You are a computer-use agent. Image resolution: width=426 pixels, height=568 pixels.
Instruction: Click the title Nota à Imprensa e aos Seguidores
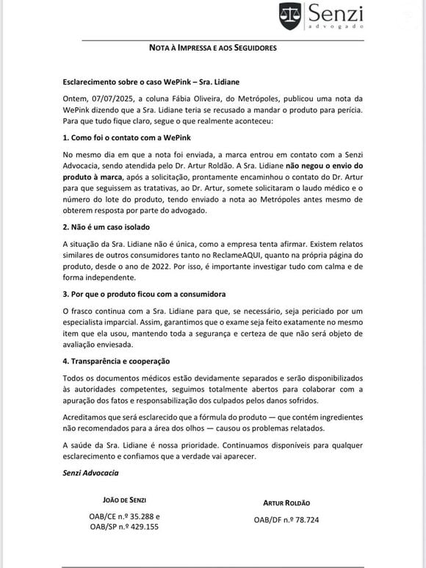213,48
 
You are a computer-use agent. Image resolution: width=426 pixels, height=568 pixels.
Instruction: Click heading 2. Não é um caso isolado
108,228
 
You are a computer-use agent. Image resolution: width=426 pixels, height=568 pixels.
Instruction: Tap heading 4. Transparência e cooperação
117,361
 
